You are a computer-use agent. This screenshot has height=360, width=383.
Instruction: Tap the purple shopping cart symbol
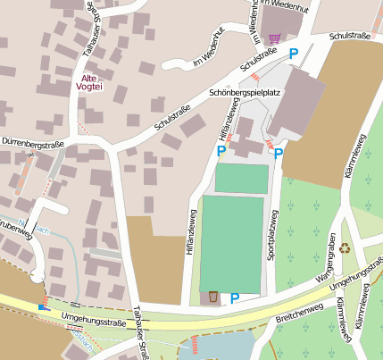(x=275, y=38)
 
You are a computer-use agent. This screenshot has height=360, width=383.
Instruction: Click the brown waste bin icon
(x=213, y=297)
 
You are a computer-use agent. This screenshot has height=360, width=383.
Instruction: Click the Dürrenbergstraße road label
(x=35, y=140)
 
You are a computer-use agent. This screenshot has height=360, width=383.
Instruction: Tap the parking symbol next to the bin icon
(x=235, y=297)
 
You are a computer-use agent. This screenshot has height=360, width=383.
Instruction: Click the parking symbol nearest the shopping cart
(x=294, y=54)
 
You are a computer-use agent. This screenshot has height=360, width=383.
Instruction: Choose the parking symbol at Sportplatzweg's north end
(x=279, y=153)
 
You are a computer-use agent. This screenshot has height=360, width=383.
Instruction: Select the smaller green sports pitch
(x=241, y=178)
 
